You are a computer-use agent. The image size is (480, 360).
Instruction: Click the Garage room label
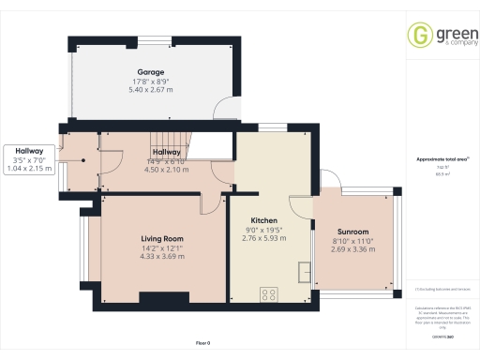[x=151, y=72]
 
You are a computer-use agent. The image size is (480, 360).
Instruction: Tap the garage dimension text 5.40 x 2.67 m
[x=151, y=91]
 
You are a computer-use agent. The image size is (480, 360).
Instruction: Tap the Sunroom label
[x=352, y=232]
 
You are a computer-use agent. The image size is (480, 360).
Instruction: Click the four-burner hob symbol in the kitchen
[x=269, y=294]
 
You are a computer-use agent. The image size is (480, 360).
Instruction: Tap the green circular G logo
[x=418, y=35]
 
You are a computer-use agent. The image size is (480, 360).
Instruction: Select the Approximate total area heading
[x=439, y=159]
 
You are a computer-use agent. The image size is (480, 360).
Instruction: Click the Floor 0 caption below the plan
[x=202, y=344]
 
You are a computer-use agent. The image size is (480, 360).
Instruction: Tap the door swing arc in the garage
[x=225, y=111]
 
